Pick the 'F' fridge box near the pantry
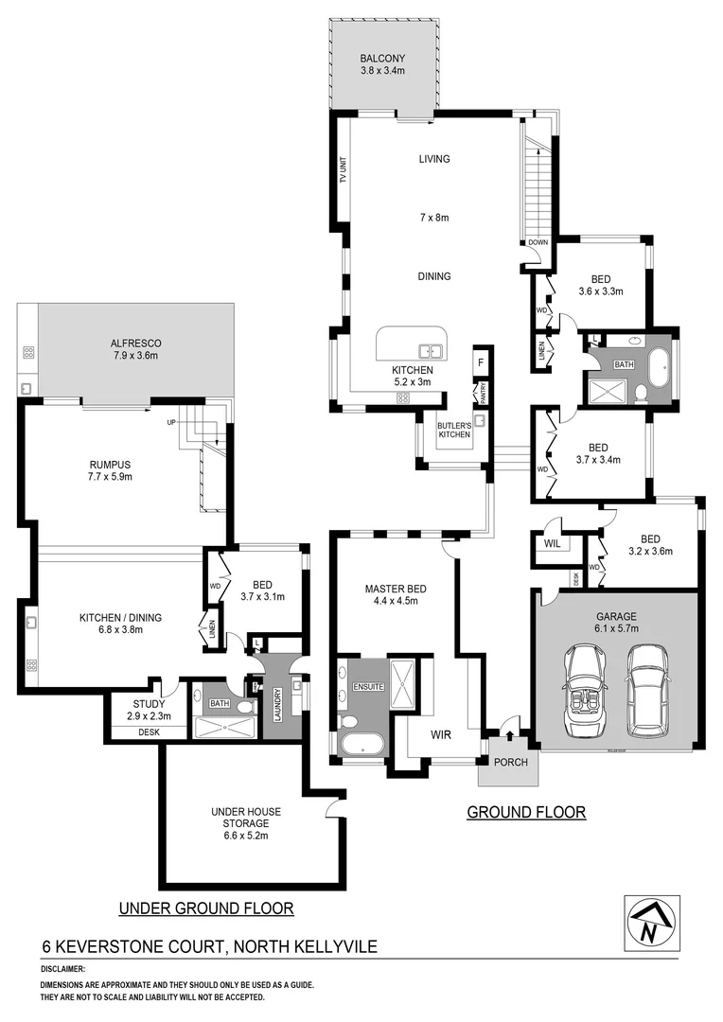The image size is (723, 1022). (481, 361)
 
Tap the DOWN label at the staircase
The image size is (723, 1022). (538, 242)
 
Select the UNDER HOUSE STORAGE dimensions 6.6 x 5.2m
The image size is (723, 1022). (246, 836)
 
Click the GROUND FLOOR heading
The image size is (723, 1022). (526, 812)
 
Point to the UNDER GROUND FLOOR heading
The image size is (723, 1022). (205, 908)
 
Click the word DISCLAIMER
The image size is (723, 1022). (62, 970)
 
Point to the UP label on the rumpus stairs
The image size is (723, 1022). (171, 422)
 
